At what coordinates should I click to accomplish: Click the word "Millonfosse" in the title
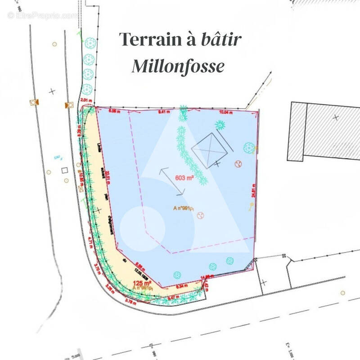(178, 67)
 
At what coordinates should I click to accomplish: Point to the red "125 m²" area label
(142, 283)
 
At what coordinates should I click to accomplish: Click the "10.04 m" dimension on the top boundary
(224, 112)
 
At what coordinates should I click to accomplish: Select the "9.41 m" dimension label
(164, 111)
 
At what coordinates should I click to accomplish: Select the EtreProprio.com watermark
(42, 15)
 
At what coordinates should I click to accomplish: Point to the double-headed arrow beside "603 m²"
(173, 181)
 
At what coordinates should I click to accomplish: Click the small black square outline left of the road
(64, 170)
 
